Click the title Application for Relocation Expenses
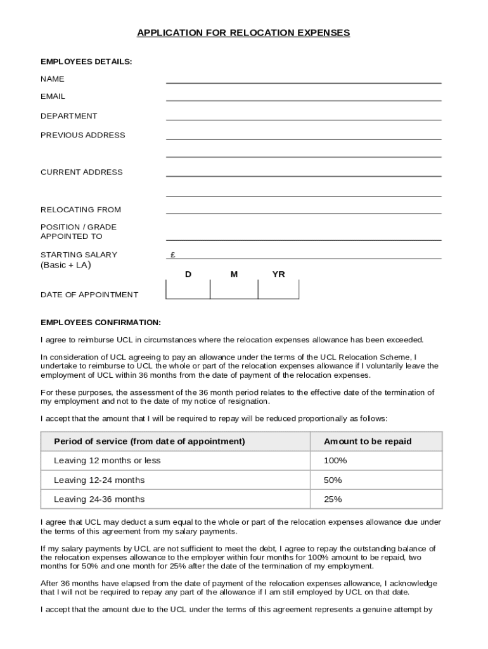[x=243, y=32]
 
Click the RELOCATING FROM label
[x=80, y=210]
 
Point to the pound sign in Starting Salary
[x=172, y=255]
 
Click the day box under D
[x=188, y=289]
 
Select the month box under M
[x=234, y=289]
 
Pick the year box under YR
[x=278, y=289]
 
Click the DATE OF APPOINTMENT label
[x=89, y=295]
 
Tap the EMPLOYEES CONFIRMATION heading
[x=101, y=323]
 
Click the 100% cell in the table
[x=335, y=461]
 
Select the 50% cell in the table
[x=333, y=480]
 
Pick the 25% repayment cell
[x=333, y=499]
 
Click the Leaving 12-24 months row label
[x=100, y=480]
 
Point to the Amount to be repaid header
[x=368, y=441]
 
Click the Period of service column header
[x=150, y=441]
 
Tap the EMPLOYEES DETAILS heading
[x=86, y=61]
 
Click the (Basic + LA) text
[x=66, y=265]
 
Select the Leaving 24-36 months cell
[x=100, y=499]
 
